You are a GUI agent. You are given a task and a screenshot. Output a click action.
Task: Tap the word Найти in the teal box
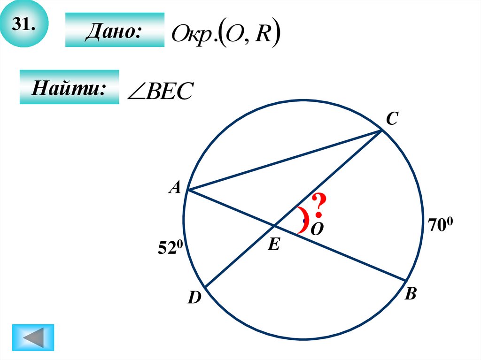(x=68, y=87)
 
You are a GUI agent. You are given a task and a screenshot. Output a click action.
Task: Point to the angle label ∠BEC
(x=160, y=92)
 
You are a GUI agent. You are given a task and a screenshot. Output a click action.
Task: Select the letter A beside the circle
(x=175, y=188)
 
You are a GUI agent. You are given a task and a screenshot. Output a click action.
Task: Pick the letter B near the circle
(x=410, y=294)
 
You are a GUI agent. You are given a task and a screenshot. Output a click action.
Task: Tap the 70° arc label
(x=440, y=224)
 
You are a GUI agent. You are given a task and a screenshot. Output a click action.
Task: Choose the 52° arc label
(x=170, y=248)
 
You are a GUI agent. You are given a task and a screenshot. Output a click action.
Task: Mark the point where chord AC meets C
(x=381, y=131)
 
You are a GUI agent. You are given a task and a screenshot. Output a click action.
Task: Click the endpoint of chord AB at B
(x=405, y=281)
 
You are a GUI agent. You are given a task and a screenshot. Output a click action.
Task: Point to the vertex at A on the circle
(x=188, y=190)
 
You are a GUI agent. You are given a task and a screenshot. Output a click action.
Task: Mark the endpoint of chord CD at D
(x=205, y=287)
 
